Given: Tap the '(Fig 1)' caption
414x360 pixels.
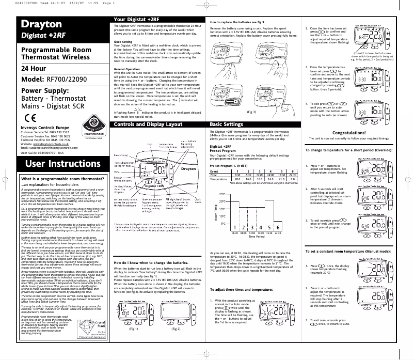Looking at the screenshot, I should pyautogui.click(x=133, y=342).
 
